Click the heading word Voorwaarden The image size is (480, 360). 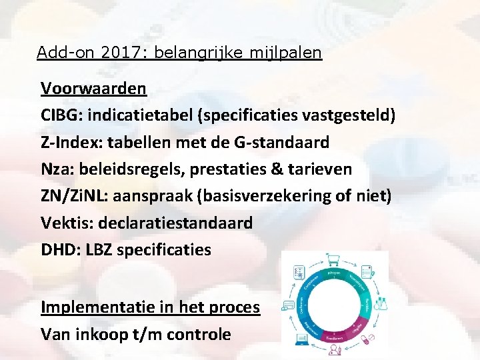(x=93, y=88)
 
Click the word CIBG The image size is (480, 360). (x=58, y=115)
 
